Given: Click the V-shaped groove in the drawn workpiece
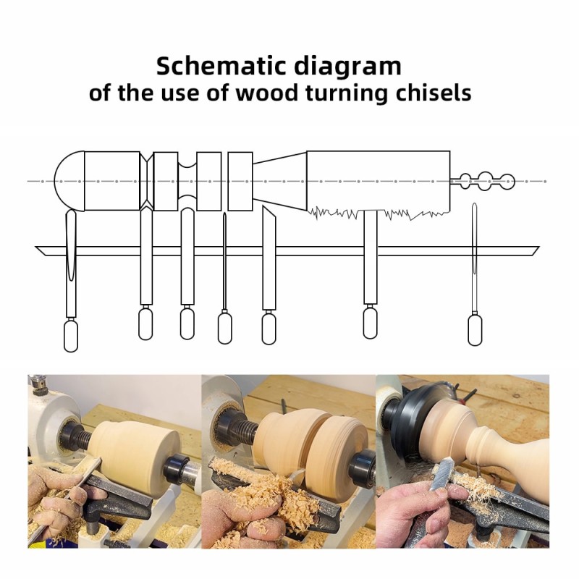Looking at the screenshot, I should pyautogui.click(x=147, y=181).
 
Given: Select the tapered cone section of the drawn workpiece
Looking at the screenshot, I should pyautogui.click(x=279, y=181).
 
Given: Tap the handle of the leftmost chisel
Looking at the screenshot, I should pyautogui.click(x=71, y=336).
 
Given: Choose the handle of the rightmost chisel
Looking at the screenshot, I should pyautogui.click(x=475, y=330).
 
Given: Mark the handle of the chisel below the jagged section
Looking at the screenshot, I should pyautogui.click(x=371, y=324).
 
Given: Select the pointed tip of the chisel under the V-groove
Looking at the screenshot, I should pyautogui.click(x=146, y=210).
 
